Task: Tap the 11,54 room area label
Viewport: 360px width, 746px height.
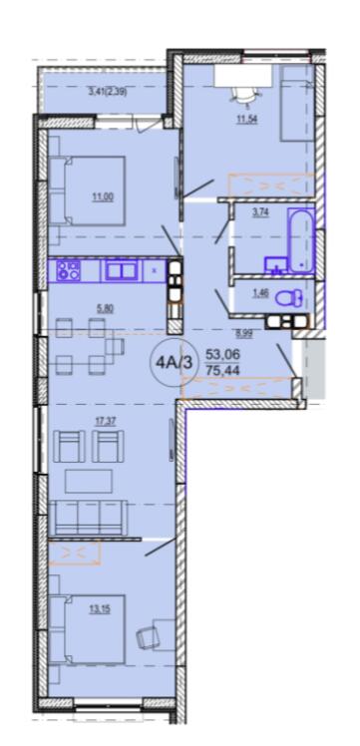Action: click(x=247, y=120)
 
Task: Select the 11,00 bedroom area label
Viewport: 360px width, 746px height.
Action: click(x=104, y=195)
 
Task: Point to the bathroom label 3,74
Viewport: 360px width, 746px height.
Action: click(x=260, y=213)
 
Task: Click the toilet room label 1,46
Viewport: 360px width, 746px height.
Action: click(x=261, y=293)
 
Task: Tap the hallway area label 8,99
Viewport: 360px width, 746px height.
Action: click(x=245, y=333)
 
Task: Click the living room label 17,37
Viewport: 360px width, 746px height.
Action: click(x=102, y=421)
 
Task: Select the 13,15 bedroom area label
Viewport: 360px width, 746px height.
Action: click(x=101, y=608)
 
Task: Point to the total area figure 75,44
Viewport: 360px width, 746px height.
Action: click(x=222, y=369)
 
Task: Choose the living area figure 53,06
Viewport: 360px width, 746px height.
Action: click(x=222, y=354)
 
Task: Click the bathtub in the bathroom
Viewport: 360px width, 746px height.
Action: click(x=300, y=240)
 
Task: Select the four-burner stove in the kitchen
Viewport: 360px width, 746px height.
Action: click(x=69, y=271)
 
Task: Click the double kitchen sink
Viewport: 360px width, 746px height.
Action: click(x=121, y=271)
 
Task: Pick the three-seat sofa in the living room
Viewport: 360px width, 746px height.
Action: click(x=88, y=518)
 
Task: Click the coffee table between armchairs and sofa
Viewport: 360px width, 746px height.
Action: click(x=89, y=481)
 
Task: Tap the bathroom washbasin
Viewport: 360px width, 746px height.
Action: click(x=275, y=264)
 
